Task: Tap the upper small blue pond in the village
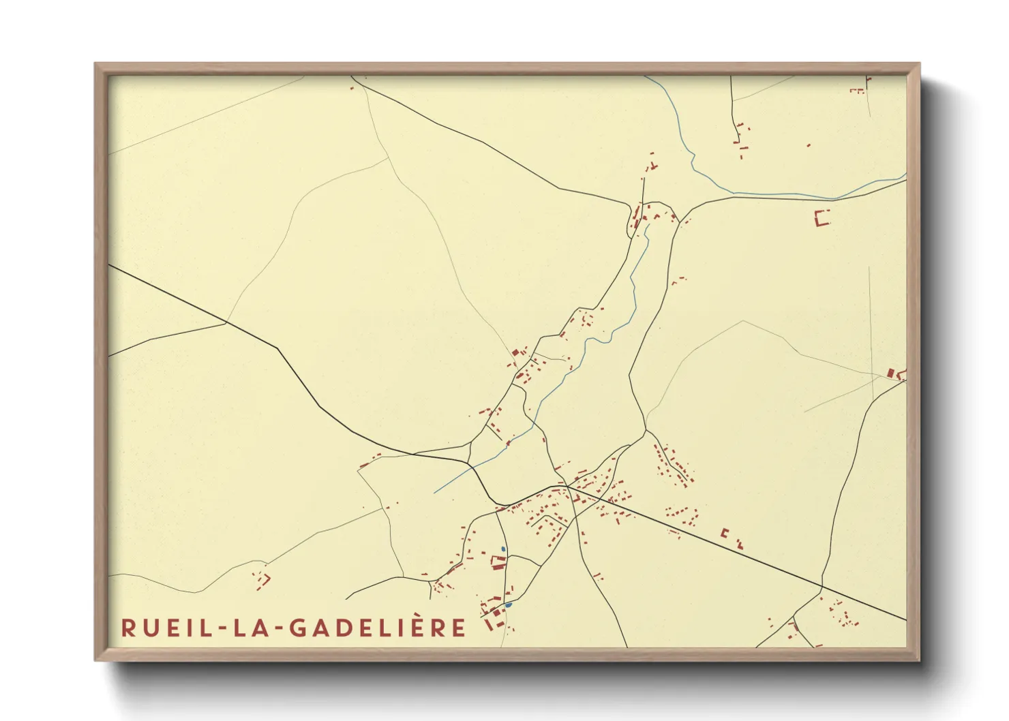tap(503, 549)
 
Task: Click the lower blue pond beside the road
tap(508, 604)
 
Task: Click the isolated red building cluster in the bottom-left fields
tap(261, 579)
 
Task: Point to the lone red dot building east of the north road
tap(809, 145)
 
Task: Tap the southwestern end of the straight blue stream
tap(434, 493)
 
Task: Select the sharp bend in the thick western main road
tap(278, 349)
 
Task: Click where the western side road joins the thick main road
tap(226, 324)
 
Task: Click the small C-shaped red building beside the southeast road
tap(725, 533)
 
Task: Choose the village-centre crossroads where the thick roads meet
tap(567, 486)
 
